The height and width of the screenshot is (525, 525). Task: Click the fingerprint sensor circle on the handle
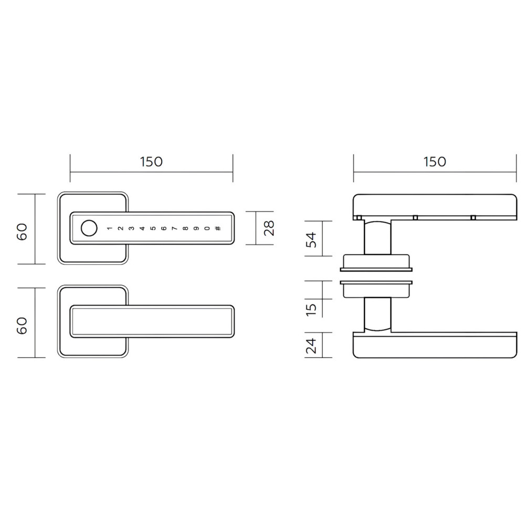coord(89,228)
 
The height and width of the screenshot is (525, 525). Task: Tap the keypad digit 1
coord(110,228)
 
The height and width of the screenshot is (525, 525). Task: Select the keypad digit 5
coord(153,228)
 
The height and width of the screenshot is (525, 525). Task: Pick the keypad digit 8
coord(185,228)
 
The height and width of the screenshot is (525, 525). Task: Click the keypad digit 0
coord(207,228)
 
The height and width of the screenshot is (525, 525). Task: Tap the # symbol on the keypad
coord(218,228)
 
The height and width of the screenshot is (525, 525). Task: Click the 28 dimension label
coord(269,228)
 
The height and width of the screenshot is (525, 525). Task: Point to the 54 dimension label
coord(311,239)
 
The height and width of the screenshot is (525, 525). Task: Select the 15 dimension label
coord(311,309)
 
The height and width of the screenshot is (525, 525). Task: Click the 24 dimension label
coord(311,345)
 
